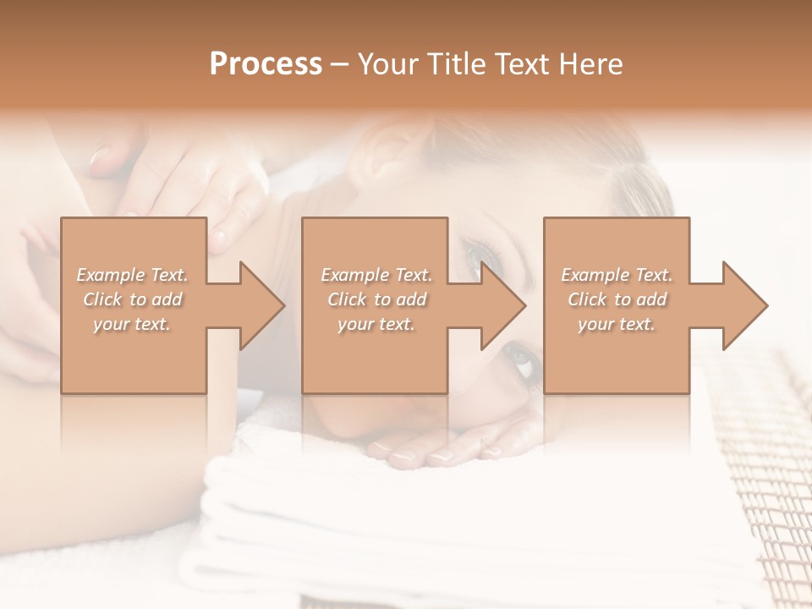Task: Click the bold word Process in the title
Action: click(x=266, y=64)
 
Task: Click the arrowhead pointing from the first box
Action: click(x=258, y=305)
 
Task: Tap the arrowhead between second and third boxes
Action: click(x=499, y=305)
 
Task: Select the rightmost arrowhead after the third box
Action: click(x=741, y=305)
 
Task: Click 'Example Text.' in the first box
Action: click(x=133, y=275)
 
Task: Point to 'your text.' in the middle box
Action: click(x=376, y=324)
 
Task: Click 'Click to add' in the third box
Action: click(x=617, y=299)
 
